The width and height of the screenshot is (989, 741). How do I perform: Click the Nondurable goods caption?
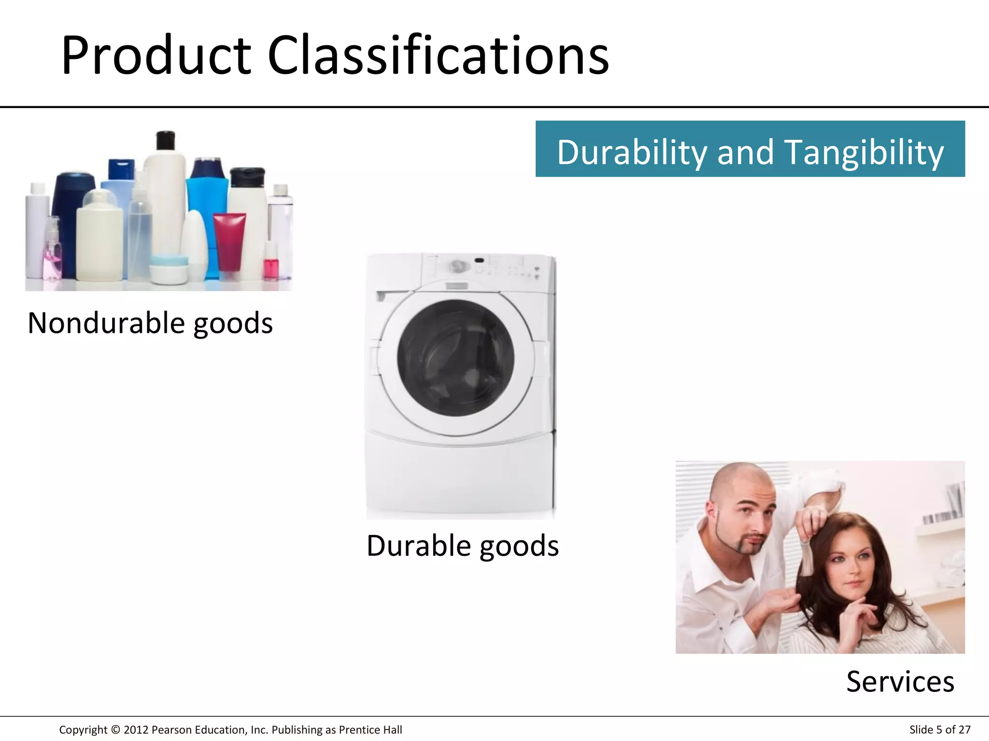[150, 323]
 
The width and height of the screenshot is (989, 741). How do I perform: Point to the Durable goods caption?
[463, 546]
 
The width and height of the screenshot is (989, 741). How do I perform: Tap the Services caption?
[900, 682]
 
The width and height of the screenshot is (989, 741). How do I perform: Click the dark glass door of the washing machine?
[455, 357]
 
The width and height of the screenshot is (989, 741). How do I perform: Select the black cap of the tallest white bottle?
[166, 140]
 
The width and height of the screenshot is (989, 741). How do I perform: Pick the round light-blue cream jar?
[169, 268]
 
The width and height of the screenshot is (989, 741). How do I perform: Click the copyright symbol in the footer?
[115, 730]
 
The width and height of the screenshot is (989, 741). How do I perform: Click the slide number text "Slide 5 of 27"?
[940, 730]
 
